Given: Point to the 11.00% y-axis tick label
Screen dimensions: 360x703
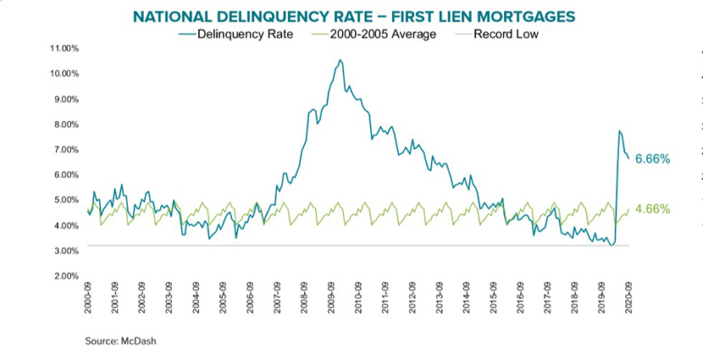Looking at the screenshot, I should [64, 48].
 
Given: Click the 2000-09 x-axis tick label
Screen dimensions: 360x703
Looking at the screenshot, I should [88, 299].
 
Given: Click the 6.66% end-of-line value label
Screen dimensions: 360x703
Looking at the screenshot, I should [652, 159].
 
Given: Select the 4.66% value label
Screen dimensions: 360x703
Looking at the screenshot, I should [652, 209].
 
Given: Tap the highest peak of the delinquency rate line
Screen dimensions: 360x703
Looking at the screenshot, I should [340, 60].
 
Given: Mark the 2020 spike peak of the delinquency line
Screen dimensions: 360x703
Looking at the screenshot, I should [619, 131].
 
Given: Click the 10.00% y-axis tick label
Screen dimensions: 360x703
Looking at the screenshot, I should [64, 74].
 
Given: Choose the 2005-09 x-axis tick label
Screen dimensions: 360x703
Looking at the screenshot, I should [223, 299].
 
